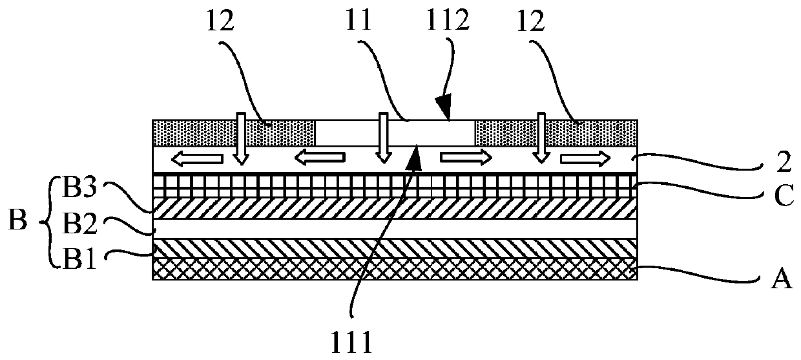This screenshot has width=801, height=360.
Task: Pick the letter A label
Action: pyautogui.click(x=781, y=281)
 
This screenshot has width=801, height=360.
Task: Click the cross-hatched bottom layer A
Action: pyautogui.click(x=395, y=269)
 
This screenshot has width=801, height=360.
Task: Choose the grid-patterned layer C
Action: pyautogui.click(x=395, y=185)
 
